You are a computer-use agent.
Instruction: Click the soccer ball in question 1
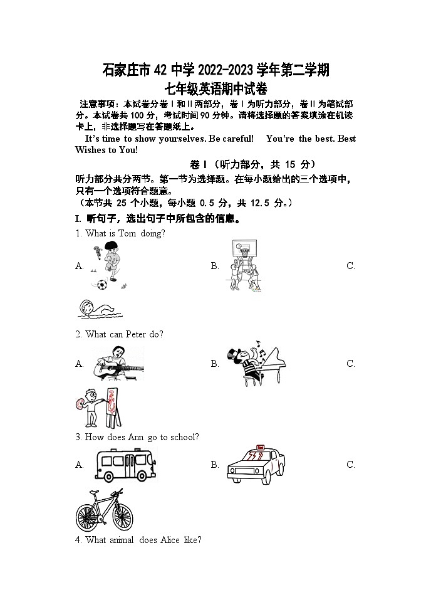[x=101, y=285]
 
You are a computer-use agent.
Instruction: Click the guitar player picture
[x=118, y=364]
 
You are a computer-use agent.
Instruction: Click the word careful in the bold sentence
[x=239, y=139]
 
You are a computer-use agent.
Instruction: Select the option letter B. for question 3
[x=215, y=465]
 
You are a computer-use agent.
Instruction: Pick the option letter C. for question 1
[x=351, y=266]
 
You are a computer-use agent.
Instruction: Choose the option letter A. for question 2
[x=80, y=364]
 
